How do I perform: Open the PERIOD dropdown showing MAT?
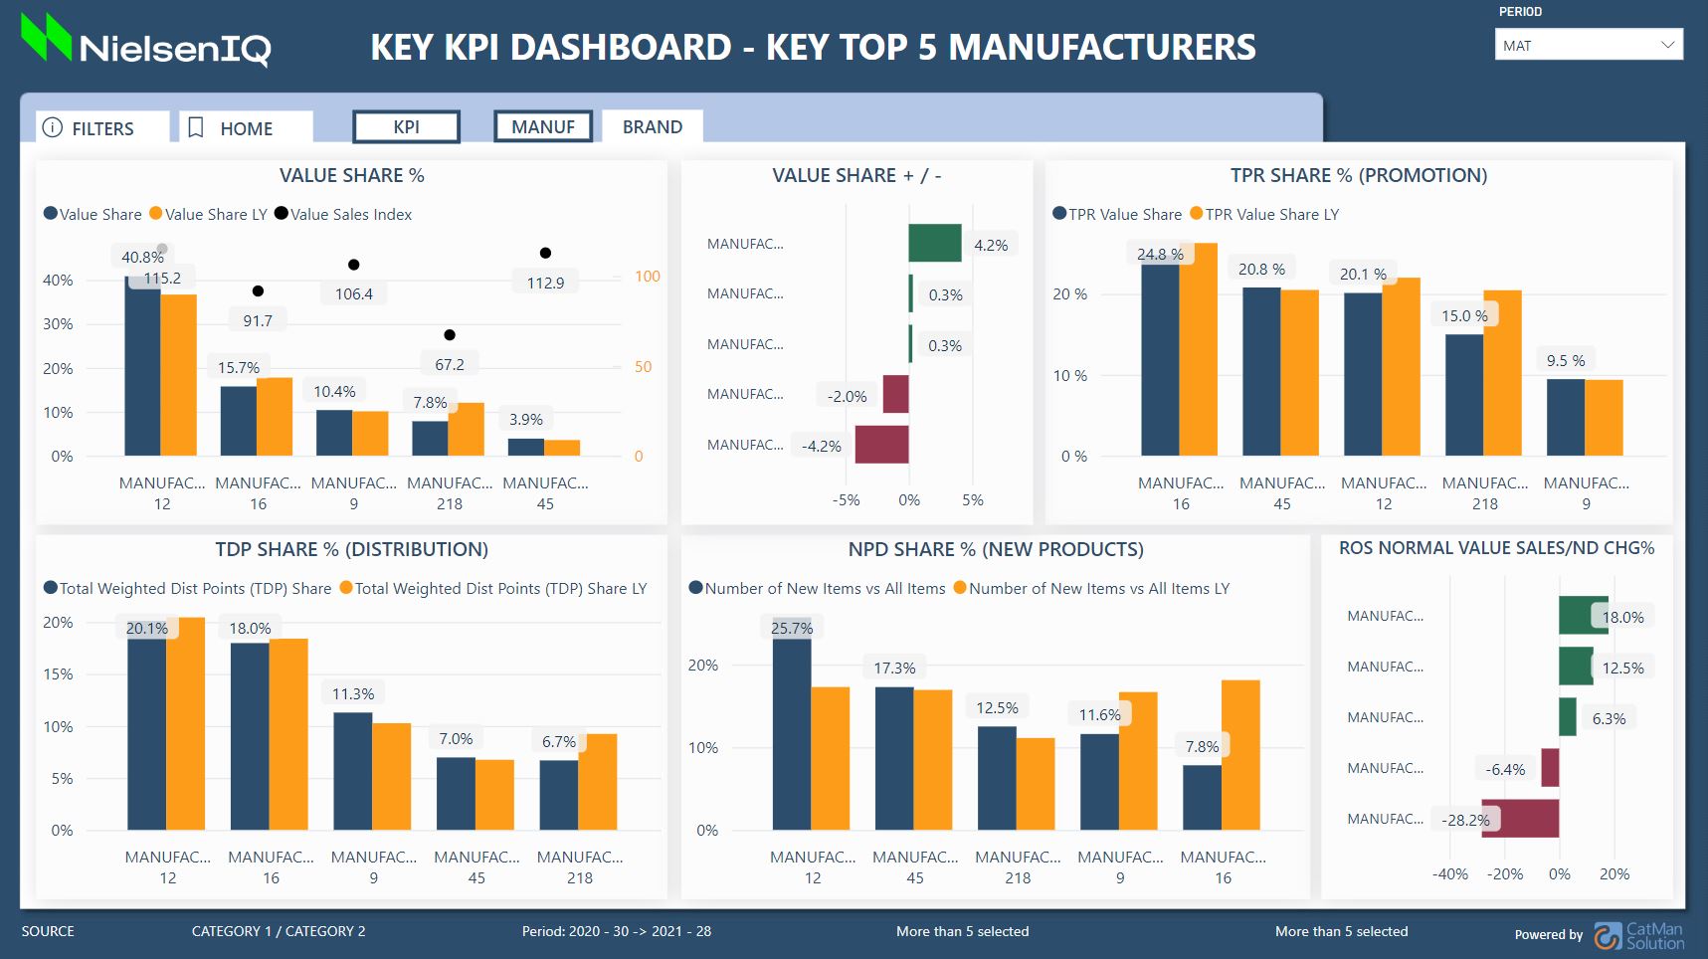point(1588,45)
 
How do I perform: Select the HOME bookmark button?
point(245,128)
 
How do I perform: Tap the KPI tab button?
point(406,127)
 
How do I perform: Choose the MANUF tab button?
point(543,127)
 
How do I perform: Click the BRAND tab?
point(653,127)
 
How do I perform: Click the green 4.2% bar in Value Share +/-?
point(934,244)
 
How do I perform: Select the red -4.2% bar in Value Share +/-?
point(881,445)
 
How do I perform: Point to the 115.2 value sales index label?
point(162,279)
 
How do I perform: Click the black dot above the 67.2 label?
point(450,335)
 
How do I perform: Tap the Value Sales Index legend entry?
point(343,214)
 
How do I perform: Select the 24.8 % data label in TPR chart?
point(1160,255)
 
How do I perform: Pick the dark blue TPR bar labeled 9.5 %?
point(1565,418)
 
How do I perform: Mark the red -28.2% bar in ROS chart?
point(1519,819)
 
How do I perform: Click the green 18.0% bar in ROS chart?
point(1582,616)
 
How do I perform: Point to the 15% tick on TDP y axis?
point(58,674)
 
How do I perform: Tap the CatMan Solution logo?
point(1638,935)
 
